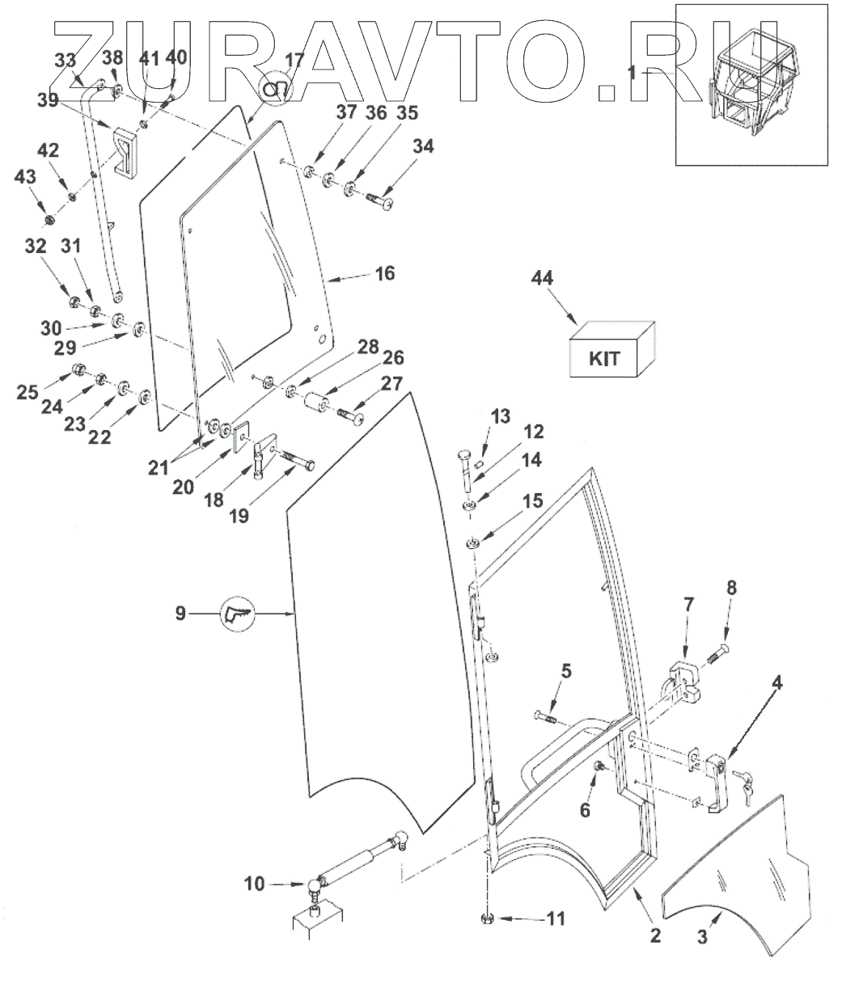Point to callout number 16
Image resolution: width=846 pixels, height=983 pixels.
385,273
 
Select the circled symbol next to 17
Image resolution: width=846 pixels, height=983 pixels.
273,89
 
